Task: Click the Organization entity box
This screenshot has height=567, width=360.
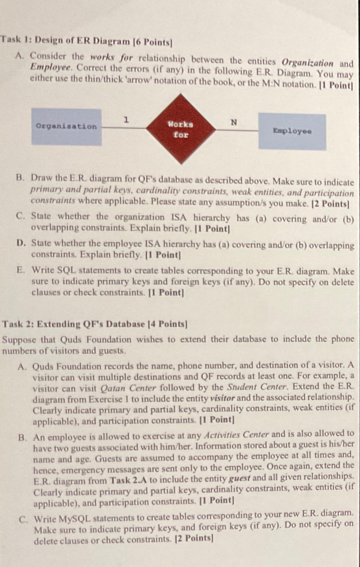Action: click(x=66, y=127)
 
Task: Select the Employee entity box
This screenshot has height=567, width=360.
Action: click(x=292, y=131)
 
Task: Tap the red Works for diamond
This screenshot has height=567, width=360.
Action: click(x=181, y=129)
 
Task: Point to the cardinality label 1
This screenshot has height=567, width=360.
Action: click(x=127, y=120)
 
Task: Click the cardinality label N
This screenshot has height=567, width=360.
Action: click(x=233, y=122)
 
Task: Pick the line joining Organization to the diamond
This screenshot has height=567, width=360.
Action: click(x=124, y=128)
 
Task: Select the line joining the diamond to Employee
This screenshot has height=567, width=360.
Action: click(x=237, y=130)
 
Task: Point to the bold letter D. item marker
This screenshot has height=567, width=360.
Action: click(x=21, y=243)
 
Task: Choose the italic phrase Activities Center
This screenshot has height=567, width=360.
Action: click(x=236, y=435)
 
